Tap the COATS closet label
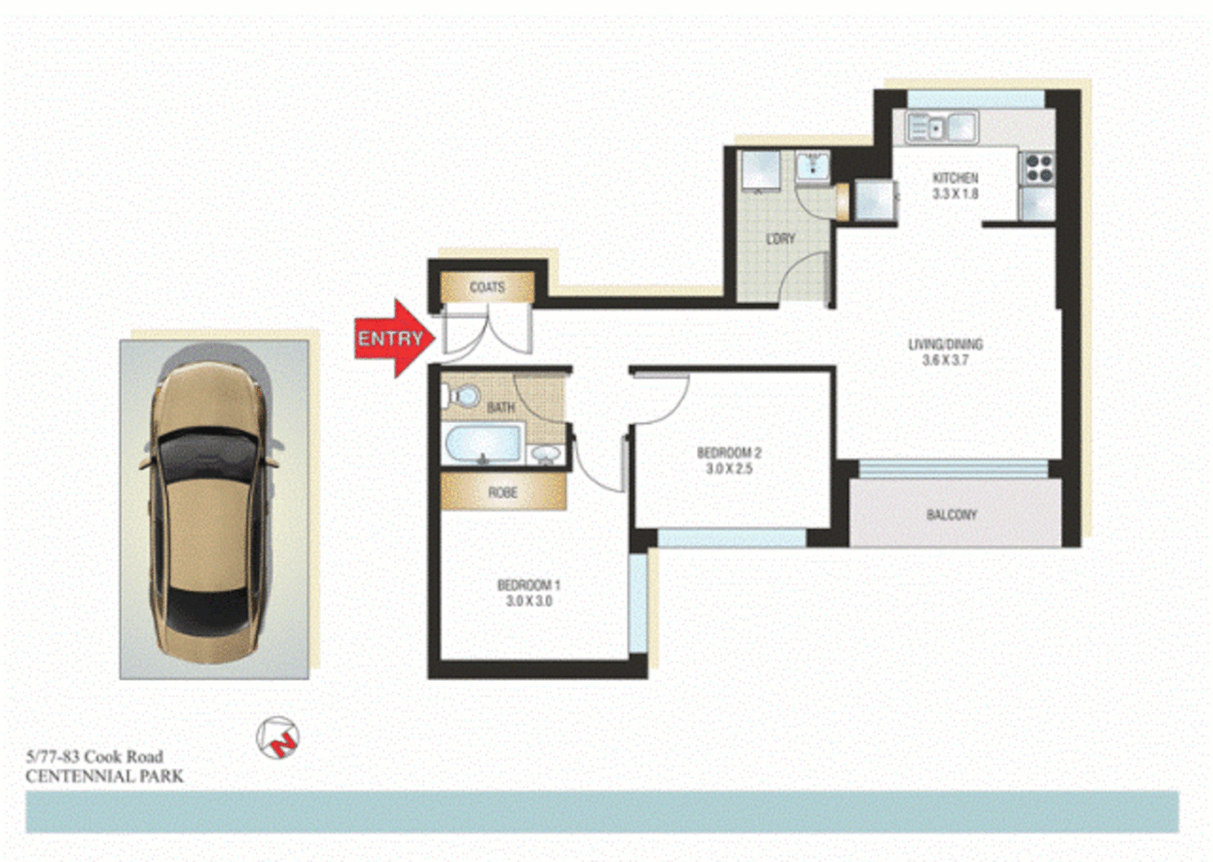(487, 287)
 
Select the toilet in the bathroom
(462, 396)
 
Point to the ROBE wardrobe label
(503, 492)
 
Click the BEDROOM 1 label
(528, 585)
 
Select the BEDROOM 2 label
(729, 453)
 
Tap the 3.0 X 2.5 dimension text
(729, 469)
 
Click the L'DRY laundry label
(780, 239)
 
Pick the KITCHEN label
(955, 178)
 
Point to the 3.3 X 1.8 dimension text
(955, 194)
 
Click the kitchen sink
(942, 128)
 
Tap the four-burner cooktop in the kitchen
(1038, 168)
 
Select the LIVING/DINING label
(945, 344)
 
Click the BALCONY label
(951, 515)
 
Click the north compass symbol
(278, 738)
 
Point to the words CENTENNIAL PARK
(105, 776)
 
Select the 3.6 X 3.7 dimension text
(945, 360)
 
